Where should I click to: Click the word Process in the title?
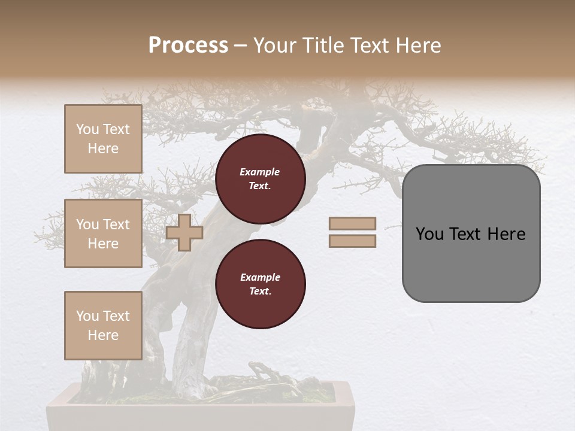coord(188,45)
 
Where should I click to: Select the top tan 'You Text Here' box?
coord(103,139)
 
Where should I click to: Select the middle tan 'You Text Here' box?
coord(103,233)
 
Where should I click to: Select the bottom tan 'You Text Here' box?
coord(103,326)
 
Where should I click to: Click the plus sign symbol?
coord(184,232)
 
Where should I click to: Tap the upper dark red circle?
coord(261,178)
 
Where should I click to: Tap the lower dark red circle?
coord(261,284)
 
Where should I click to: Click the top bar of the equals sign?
coord(352,224)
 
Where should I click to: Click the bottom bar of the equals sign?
coord(352,241)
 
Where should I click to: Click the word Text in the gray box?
coord(468,234)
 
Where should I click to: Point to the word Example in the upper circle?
coord(260,172)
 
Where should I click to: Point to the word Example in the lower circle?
coord(260,277)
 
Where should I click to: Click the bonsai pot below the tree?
coord(201,413)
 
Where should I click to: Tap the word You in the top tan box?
coord(87,129)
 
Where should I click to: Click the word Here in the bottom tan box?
coord(103,335)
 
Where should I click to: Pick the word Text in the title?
coord(370,45)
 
